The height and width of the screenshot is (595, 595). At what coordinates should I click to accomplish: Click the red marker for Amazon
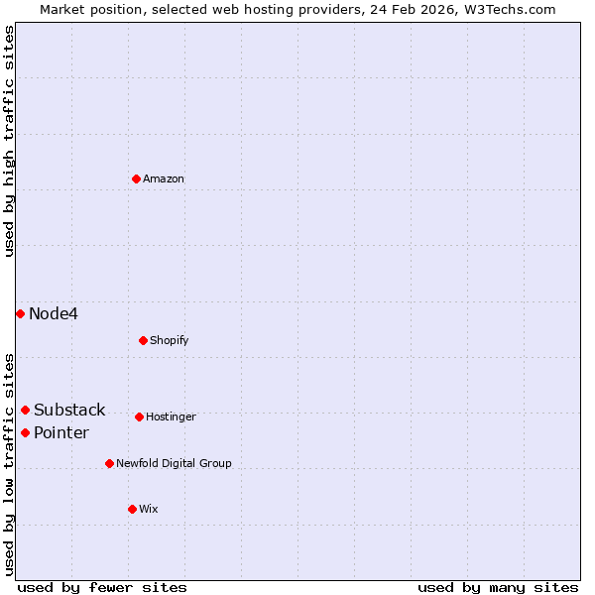(x=136, y=178)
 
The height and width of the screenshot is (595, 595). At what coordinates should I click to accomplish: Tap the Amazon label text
(x=164, y=179)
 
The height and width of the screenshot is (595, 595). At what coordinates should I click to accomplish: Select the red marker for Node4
(x=20, y=313)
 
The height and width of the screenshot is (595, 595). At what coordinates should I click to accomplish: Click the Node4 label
(x=54, y=314)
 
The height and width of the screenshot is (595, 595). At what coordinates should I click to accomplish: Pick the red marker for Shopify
(x=143, y=340)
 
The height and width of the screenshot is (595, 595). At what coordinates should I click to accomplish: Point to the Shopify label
(x=170, y=341)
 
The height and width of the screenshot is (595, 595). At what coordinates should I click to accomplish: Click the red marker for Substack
(x=25, y=410)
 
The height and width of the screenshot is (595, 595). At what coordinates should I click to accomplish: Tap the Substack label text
(x=69, y=411)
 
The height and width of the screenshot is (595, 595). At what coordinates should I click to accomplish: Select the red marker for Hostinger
(x=139, y=416)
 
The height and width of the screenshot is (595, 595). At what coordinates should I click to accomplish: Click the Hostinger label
(x=171, y=417)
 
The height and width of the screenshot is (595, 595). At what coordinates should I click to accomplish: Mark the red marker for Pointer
(x=25, y=432)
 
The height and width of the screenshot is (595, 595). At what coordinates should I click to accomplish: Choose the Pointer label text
(x=61, y=433)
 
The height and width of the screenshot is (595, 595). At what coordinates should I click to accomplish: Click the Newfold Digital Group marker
(x=109, y=463)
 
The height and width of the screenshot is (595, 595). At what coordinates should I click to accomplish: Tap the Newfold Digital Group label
(x=174, y=463)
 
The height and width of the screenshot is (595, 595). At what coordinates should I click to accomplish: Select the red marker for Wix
(x=132, y=509)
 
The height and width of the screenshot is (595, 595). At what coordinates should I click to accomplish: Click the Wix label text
(x=149, y=510)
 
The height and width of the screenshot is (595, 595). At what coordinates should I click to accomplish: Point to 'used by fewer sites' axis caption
(x=102, y=587)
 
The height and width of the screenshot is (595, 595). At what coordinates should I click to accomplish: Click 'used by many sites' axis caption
(x=498, y=587)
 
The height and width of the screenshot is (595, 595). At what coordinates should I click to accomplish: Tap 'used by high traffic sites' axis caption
(x=9, y=141)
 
